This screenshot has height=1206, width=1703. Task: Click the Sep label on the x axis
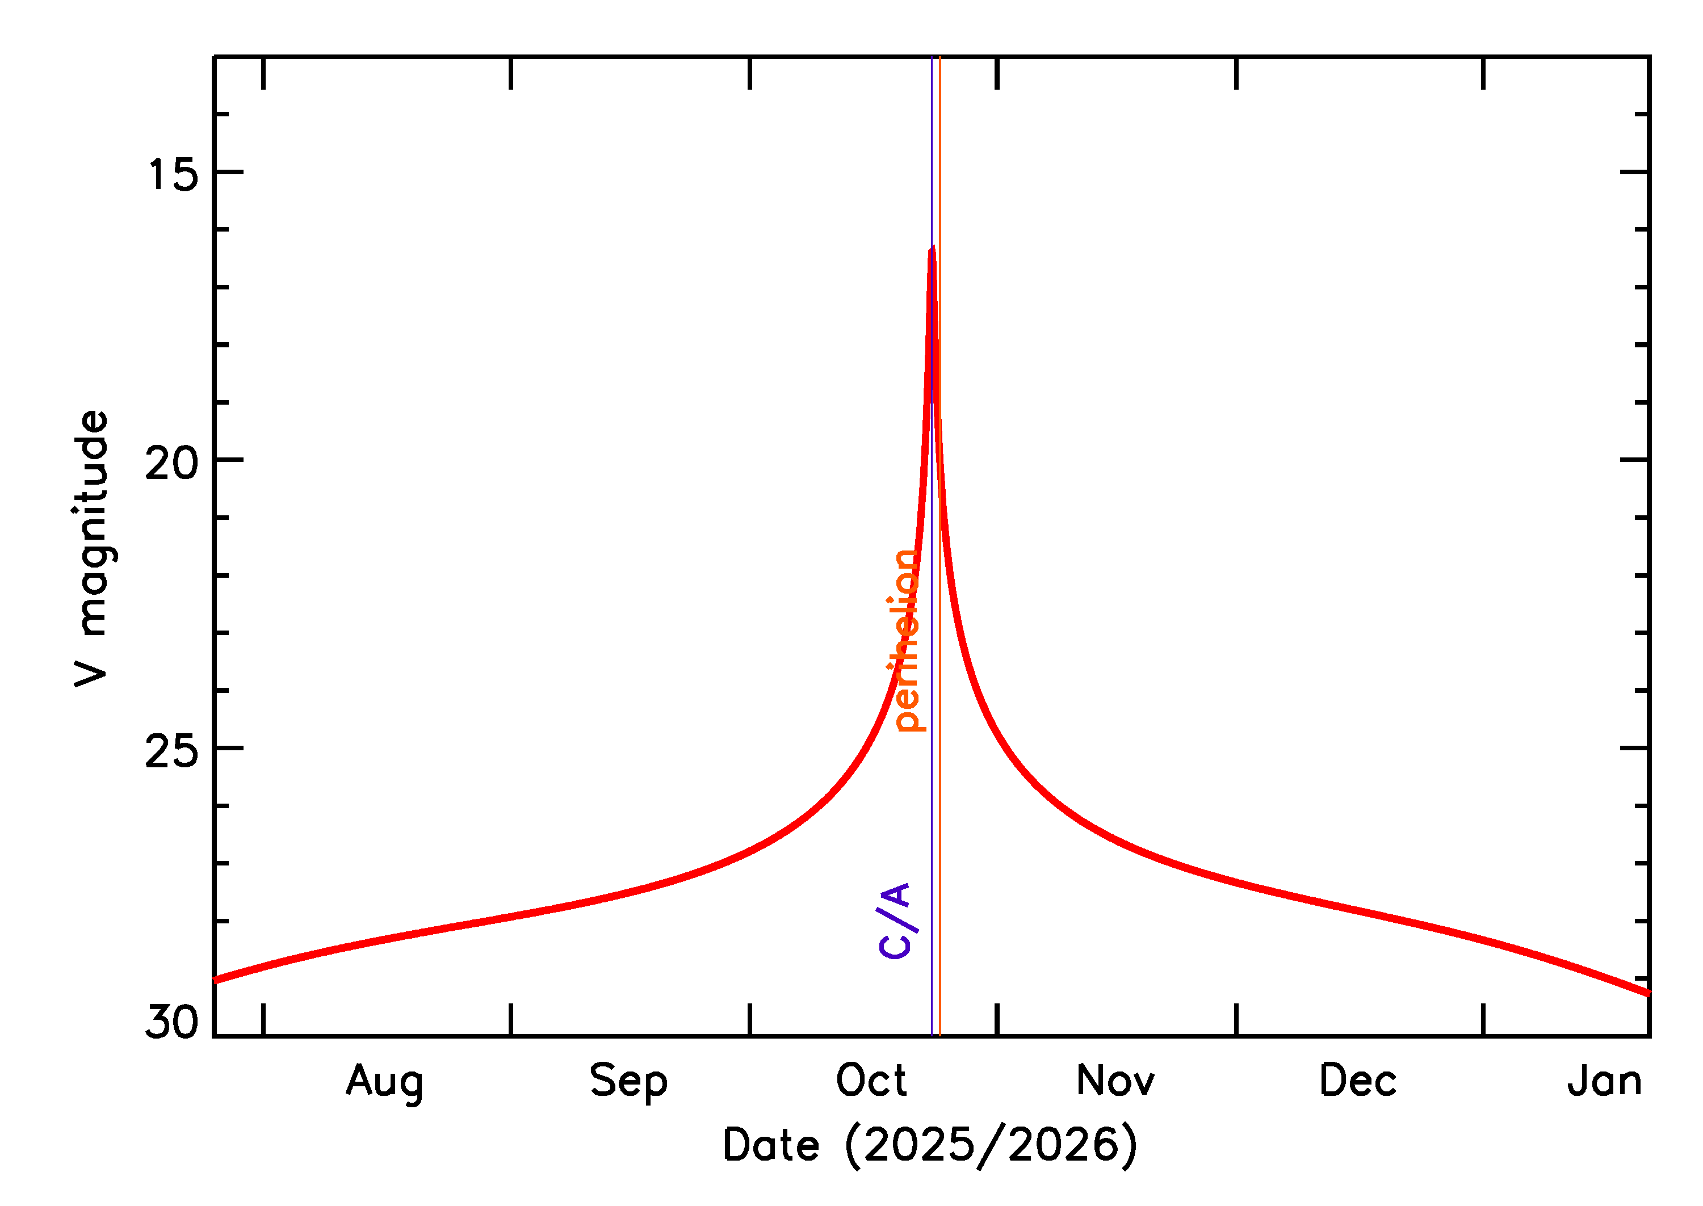[628, 1081]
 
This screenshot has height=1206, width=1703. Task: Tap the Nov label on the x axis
[1115, 1081]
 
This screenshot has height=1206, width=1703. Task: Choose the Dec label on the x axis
[1358, 1081]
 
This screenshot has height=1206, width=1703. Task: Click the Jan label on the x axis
[1604, 1081]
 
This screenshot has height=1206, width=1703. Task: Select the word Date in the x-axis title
[771, 1145]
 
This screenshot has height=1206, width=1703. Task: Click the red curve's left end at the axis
[215, 980]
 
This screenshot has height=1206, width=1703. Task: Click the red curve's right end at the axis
[1648, 993]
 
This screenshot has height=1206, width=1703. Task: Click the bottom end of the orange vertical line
[939, 1035]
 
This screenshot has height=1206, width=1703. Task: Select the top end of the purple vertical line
[932, 58]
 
